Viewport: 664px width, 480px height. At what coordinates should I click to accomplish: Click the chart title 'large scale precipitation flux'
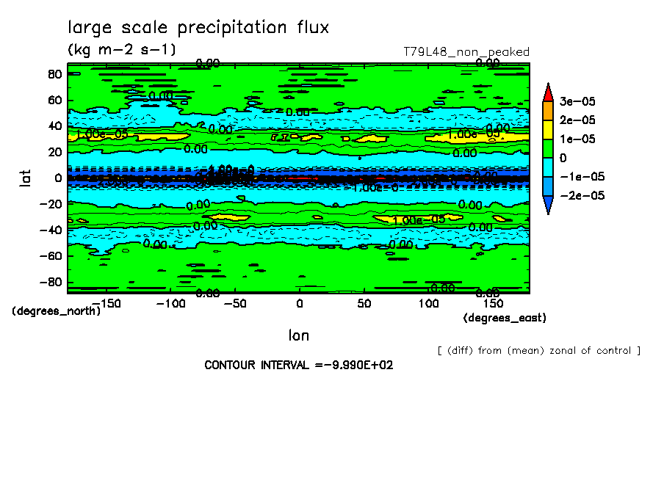[198, 28]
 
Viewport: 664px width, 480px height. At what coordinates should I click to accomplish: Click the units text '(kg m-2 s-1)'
[121, 50]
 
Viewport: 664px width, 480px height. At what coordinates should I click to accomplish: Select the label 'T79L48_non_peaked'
[466, 52]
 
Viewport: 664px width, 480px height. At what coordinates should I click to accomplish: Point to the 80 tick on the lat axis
[54, 73]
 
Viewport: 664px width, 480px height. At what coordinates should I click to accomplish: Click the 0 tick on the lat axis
[56, 178]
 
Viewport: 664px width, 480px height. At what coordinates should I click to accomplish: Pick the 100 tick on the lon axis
[429, 303]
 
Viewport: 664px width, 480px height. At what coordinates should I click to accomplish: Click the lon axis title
[298, 335]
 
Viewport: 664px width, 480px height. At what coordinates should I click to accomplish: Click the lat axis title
[24, 178]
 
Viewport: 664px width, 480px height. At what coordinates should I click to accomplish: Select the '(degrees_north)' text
[57, 310]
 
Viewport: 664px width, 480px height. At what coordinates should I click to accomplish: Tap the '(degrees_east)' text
[505, 318]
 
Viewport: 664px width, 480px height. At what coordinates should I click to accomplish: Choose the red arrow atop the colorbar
[548, 92]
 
